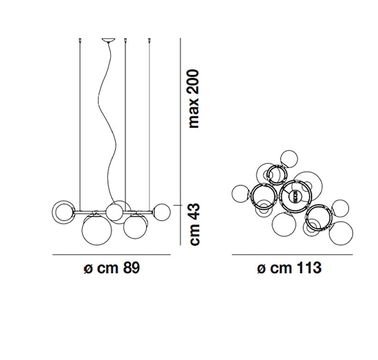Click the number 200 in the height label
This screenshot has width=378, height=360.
194,82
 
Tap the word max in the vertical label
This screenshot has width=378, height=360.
194,113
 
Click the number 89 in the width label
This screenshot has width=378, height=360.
131,268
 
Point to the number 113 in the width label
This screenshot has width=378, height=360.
309,268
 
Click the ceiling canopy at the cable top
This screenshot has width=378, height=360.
109,41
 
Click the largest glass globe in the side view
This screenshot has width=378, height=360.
97,230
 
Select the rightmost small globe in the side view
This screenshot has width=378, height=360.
162,212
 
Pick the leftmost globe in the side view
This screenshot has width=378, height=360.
63,212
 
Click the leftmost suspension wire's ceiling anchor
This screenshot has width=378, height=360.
80,40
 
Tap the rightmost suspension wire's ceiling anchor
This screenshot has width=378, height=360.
149,40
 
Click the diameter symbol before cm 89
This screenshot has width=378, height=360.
88,268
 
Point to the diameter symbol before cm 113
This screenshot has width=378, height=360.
262,268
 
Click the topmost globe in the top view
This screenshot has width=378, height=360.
289,159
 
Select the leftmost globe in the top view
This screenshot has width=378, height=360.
241,194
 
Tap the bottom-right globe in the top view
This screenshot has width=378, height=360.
341,234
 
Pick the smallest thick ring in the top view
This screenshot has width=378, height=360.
277,165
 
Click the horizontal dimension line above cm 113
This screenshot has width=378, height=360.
292,254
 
